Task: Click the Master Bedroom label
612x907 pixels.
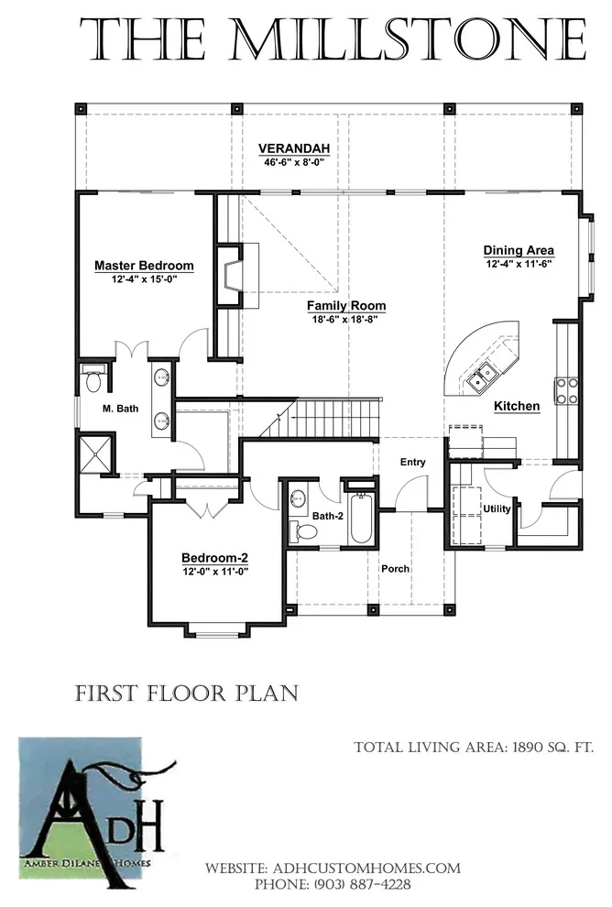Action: [x=144, y=266]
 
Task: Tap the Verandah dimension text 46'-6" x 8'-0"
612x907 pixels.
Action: [x=294, y=162]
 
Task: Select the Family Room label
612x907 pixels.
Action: [x=346, y=305]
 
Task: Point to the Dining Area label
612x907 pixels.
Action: [x=519, y=250]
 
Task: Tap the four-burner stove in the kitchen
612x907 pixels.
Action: [x=566, y=390]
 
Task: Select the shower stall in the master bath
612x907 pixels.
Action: [x=96, y=454]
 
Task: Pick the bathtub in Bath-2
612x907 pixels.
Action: [x=361, y=517]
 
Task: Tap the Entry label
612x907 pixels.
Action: [x=412, y=462]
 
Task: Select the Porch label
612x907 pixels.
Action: [x=395, y=569]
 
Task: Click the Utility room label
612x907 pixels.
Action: [x=497, y=509]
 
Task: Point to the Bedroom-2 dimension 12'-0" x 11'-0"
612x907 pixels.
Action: [x=214, y=572]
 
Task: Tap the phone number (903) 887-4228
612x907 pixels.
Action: [x=362, y=884]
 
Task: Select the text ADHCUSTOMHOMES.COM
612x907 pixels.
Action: [x=366, y=869]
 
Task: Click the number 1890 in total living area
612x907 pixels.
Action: [x=530, y=748]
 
